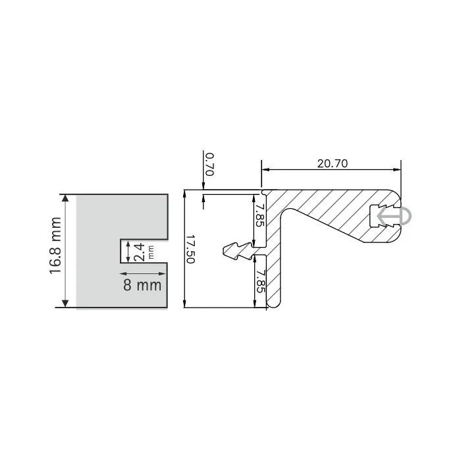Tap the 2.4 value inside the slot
(x=139, y=251)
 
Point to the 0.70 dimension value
(x=209, y=164)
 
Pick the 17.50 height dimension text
(x=190, y=250)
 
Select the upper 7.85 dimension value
(x=259, y=215)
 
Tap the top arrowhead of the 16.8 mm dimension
(x=65, y=198)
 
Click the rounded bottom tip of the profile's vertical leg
(x=275, y=304)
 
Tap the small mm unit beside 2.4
(x=151, y=251)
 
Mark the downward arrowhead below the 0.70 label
(x=203, y=190)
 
